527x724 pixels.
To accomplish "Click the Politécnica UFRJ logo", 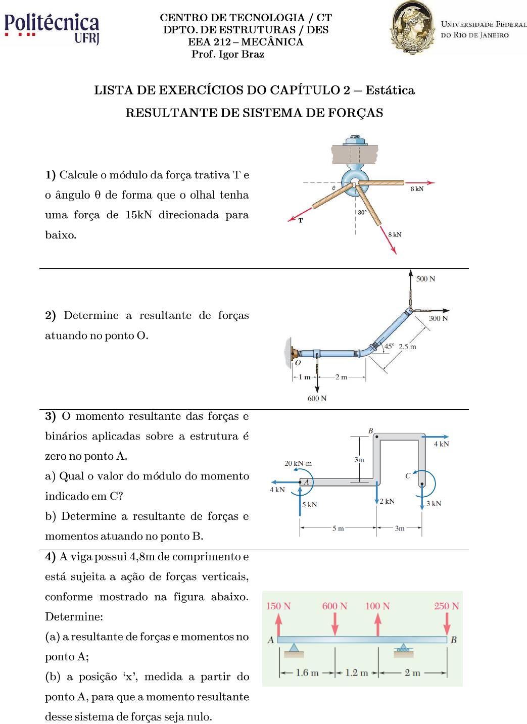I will point(52,28).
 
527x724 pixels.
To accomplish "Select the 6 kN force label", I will point(417,189).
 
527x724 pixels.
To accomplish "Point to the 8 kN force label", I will point(395,234).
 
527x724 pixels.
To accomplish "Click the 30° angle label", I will point(362,213).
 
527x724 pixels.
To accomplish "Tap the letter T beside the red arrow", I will point(301,221).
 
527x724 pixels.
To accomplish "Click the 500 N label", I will point(425,279).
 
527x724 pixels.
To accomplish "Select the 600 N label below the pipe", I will point(317,399).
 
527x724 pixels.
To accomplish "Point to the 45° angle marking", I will point(389,347).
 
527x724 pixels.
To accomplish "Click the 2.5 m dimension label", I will point(407,347).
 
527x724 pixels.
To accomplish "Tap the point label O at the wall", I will point(298,363).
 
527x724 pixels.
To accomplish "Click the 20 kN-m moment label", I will point(298,463).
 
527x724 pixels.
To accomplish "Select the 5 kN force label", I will point(310,505).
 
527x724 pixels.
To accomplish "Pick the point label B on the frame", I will point(370,431).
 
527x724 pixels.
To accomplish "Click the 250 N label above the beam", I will point(446,606).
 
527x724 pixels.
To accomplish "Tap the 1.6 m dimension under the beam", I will point(307,673).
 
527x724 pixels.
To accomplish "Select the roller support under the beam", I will point(403,649).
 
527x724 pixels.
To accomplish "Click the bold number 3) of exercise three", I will point(50,416).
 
